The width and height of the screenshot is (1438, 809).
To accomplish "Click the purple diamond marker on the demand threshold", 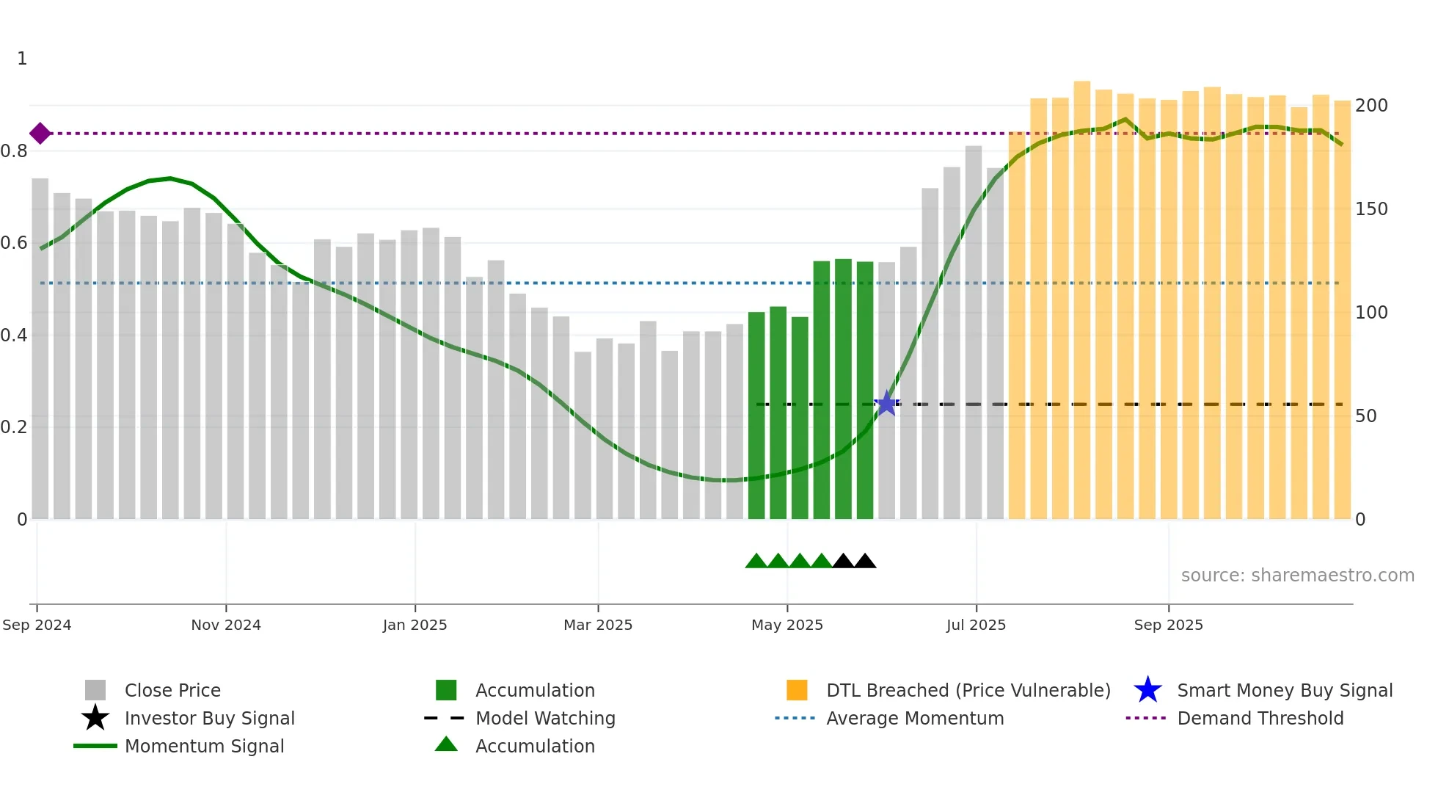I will (40, 134).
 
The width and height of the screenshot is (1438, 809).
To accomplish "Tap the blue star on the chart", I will (886, 403).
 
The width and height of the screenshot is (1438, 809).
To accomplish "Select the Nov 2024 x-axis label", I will (226, 625).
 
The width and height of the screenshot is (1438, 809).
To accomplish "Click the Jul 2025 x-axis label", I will (976, 625).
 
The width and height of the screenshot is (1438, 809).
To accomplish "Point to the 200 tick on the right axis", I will (1371, 106).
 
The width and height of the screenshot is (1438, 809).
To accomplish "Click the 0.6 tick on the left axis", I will (15, 243).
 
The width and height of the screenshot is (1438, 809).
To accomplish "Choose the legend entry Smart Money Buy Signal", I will (1284, 690).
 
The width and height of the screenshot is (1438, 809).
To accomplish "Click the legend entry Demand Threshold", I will (1260, 718).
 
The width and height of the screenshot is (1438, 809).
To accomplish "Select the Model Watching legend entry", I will (545, 718).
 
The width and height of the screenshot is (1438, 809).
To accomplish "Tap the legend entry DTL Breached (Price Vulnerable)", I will (968, 690).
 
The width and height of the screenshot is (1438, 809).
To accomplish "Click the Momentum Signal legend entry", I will (204, 746).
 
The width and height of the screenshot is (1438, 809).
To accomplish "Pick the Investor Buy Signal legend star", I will (95, 718).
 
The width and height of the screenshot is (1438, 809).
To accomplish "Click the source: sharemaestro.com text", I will (1297, 576).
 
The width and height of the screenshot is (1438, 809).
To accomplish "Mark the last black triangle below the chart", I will (865, 562).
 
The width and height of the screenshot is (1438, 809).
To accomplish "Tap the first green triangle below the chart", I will (756, 562).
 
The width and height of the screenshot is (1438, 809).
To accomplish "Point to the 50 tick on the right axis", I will (1365, 416).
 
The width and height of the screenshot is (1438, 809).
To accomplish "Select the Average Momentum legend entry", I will (914, 718).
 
